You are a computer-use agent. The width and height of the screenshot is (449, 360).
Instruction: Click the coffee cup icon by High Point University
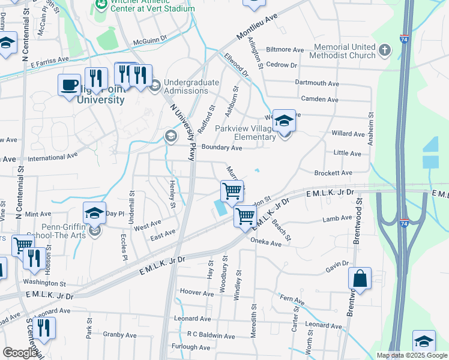click(70, 85)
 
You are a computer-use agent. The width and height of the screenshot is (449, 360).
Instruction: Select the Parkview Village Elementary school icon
click(284, 121)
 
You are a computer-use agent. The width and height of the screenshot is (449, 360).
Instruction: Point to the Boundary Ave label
click(221, 148)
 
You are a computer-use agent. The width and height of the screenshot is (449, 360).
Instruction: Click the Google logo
click(20, 353)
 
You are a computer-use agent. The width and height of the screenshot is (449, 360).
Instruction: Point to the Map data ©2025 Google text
click(411, 355)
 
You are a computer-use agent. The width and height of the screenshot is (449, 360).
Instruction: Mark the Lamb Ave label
click(337, 220)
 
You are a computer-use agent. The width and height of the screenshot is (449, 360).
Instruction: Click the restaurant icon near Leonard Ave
click(43, 328)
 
